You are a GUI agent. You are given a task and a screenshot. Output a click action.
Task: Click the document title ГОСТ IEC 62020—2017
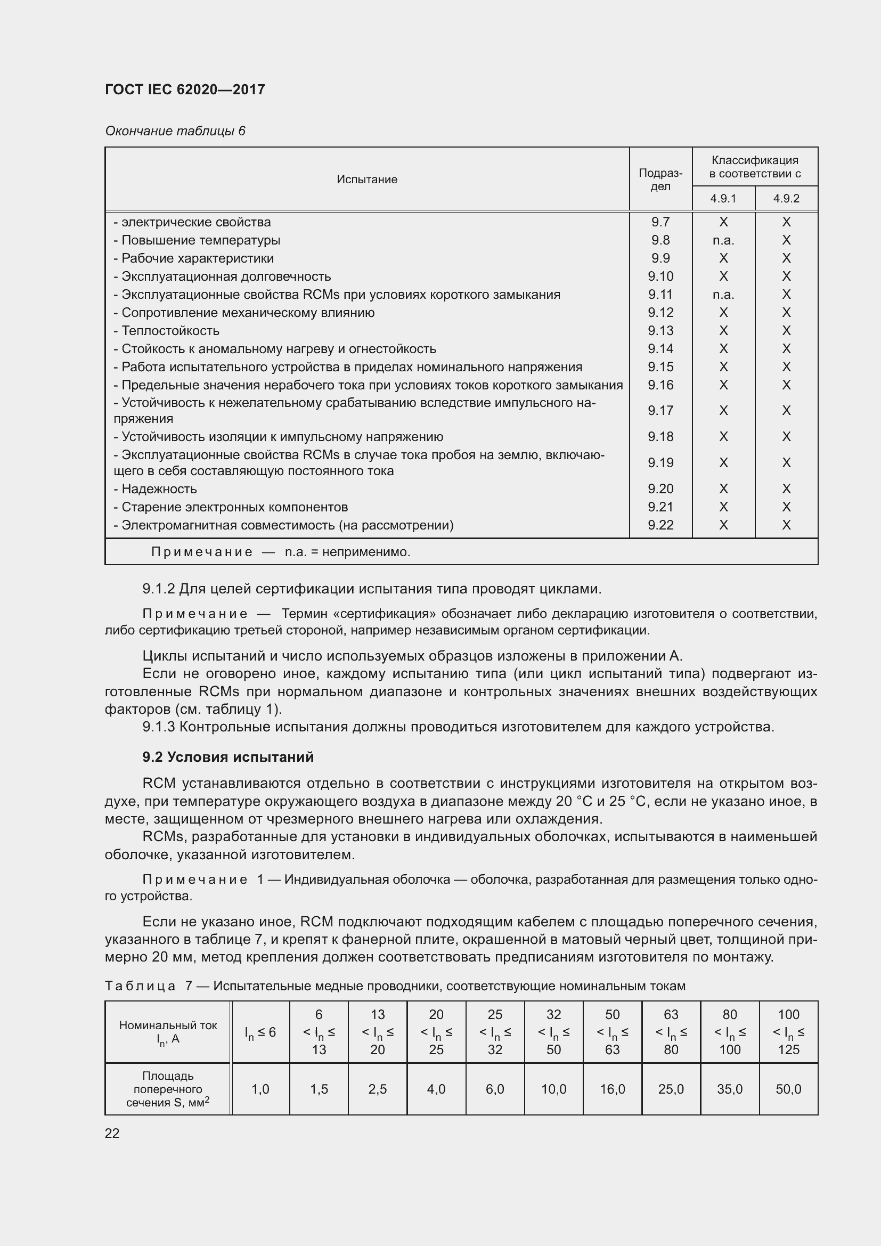(x=185, y=89)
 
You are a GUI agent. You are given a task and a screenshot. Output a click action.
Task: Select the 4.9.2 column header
(x=786, y=198)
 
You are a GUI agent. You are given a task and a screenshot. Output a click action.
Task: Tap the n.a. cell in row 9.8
(x=723, y=240)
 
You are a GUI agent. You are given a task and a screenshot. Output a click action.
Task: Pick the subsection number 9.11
(x=660, y=294)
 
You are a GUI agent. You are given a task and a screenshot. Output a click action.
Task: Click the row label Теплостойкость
(x=170, y=330)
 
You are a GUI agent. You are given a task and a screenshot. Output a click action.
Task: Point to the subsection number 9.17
(x=660, y=410)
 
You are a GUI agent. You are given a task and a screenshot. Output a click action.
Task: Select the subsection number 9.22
(x=660, y=525)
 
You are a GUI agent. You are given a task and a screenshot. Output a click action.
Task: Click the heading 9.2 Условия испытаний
(x=228, y=756)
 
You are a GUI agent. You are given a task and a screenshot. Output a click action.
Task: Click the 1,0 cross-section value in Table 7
(x=260, y=1089)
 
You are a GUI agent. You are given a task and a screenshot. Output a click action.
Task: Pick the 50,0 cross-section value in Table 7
(x=788, y=1089)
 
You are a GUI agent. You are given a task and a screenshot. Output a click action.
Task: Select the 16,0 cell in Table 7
(x=612, y=1089)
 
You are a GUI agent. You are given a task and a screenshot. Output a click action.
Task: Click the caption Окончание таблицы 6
(x=175, y=131)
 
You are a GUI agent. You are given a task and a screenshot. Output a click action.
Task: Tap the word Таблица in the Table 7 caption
(x=140, y=986)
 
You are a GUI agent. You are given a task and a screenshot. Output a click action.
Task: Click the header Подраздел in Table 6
(x=660, y=179)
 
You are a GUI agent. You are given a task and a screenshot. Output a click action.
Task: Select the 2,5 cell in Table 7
(x=378, y=1089)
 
